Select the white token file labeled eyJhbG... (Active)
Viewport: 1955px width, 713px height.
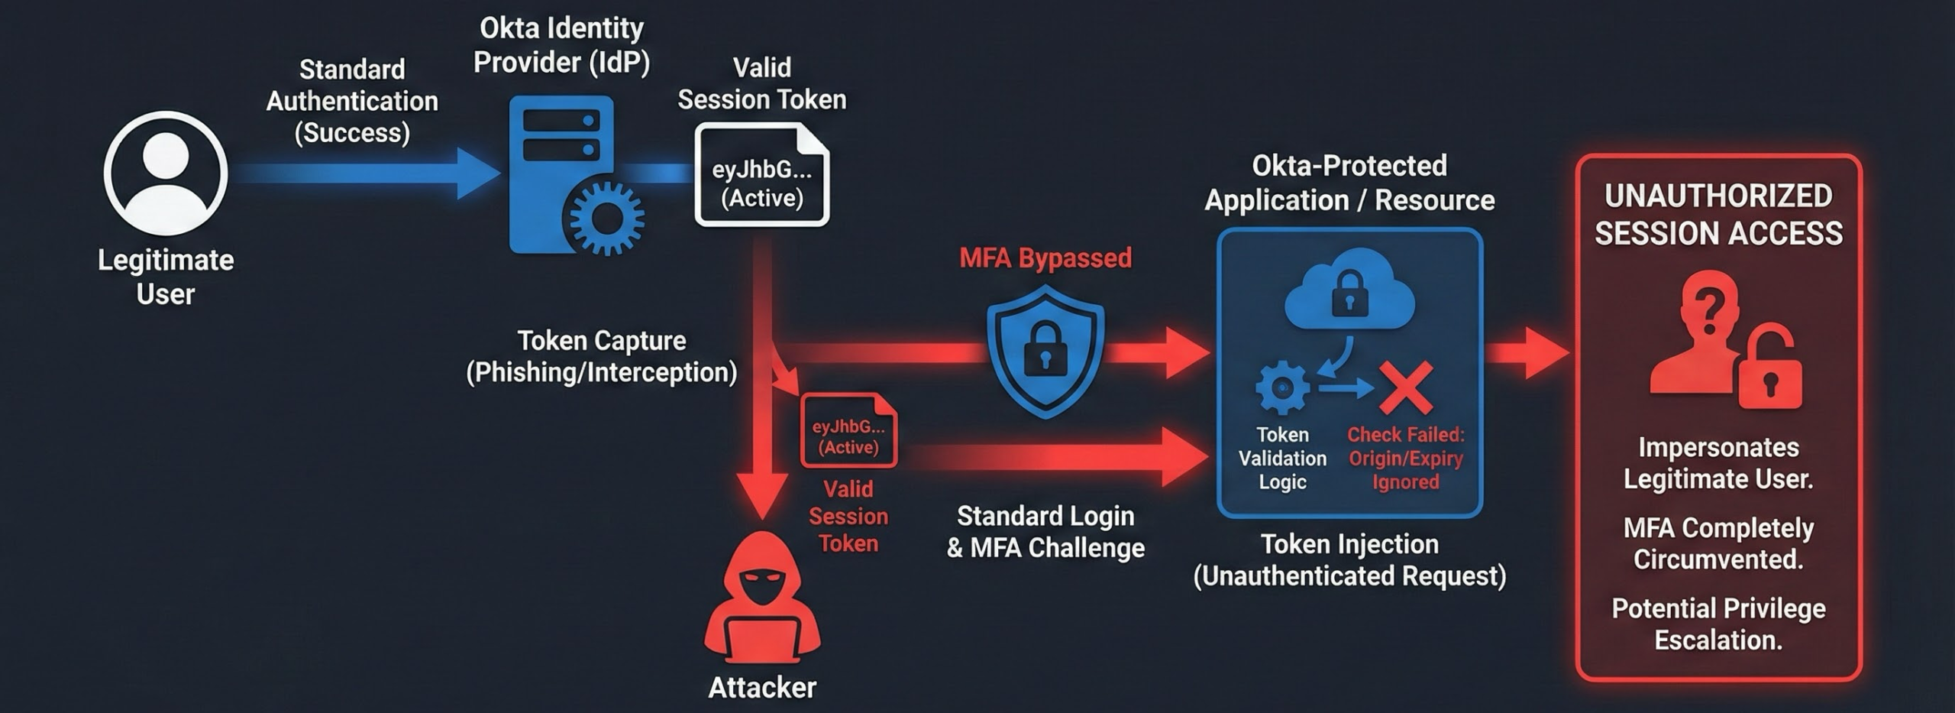tap(761, 175)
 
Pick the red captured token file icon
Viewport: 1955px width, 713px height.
tap(848, 430)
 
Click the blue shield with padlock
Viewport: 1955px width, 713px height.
tap(1045, 352)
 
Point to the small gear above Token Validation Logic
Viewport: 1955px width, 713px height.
tap(1282, 388)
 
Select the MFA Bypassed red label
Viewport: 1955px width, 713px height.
tap(1045, 258)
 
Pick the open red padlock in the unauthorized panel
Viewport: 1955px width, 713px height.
tap(1770, 371)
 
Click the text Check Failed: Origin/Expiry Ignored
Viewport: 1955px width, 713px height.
tap(1405, 459)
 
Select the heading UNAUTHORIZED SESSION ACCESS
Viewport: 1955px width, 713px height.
tap(1718, 215)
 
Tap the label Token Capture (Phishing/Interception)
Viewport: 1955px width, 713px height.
tap(602, 356)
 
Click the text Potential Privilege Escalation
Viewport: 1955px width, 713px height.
tap(1718, 624)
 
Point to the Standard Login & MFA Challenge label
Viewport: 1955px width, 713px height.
tap(1045, 532)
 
